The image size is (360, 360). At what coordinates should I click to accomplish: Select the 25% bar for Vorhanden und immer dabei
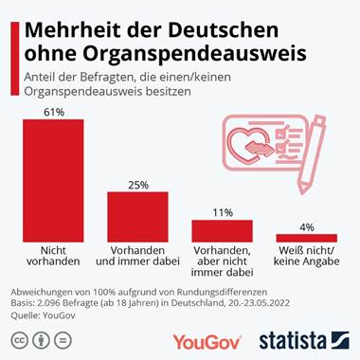[137, 215]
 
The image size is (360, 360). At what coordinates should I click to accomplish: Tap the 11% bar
[223, 229]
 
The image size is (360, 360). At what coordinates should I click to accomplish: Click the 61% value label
[53, 111]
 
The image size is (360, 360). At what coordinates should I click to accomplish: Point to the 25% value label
[137, 185]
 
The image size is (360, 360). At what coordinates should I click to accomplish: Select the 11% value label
[223, 212]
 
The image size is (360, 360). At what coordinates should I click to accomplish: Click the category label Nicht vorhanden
[53, 257]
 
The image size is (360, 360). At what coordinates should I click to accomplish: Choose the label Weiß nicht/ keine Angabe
[306, 257]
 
